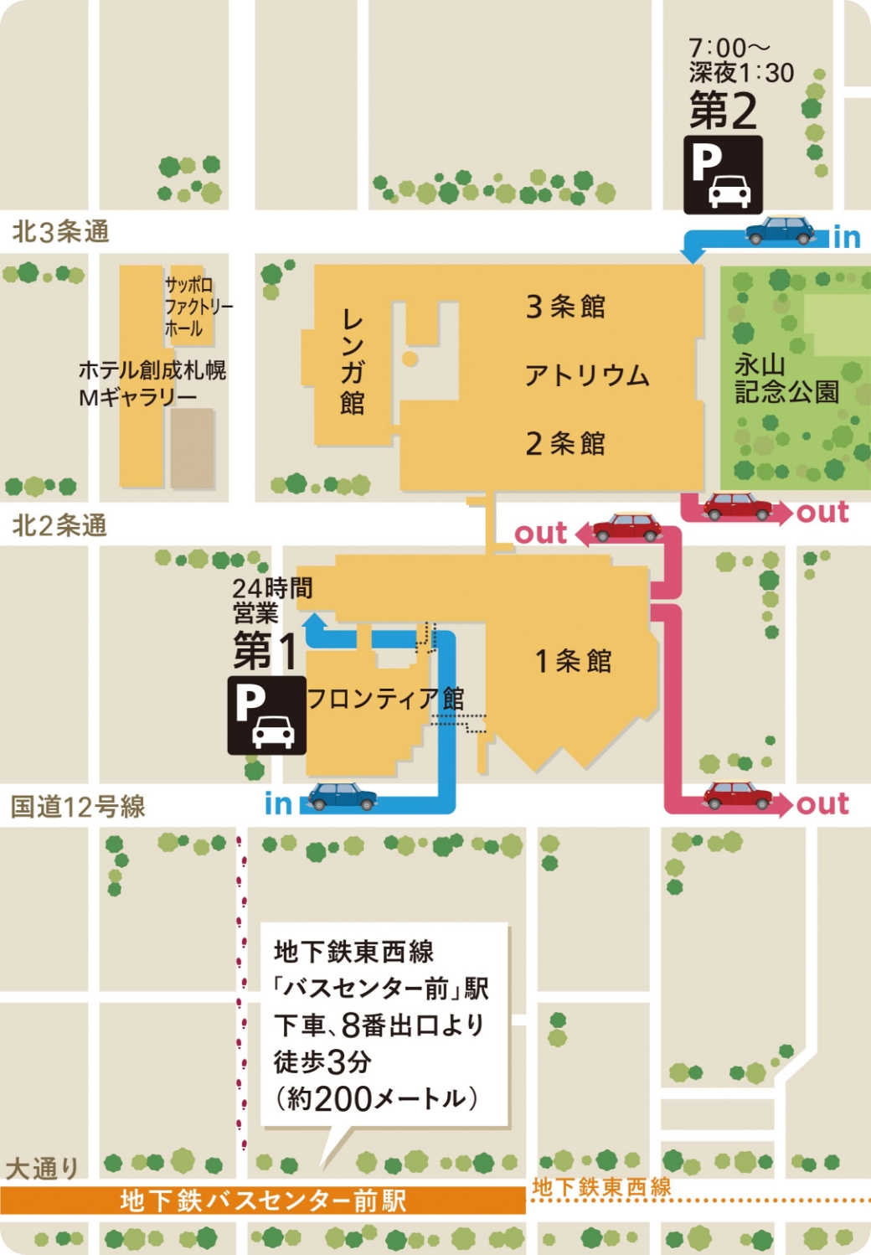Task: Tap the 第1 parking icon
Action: click(266, 715)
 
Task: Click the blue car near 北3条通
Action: click(781, 230)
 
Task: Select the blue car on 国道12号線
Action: click(342, 796)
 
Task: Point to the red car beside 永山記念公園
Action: click(737, 506)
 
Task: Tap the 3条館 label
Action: click(565, 307)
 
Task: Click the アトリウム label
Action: click(587, 374)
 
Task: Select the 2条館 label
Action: click(565, 443)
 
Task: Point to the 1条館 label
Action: click(574, 661)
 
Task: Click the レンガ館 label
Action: click(353, 362)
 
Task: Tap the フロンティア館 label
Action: click(385, 699)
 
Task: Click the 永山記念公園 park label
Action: click(786, 378)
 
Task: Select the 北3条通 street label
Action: click(60, 231)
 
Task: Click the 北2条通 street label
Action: click(59, 525)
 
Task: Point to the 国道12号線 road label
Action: click(77, 807)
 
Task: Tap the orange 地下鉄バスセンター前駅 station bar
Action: click(263, 1201)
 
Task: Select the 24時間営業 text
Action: click(272, 600)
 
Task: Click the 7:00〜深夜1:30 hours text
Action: click(740, 60)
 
